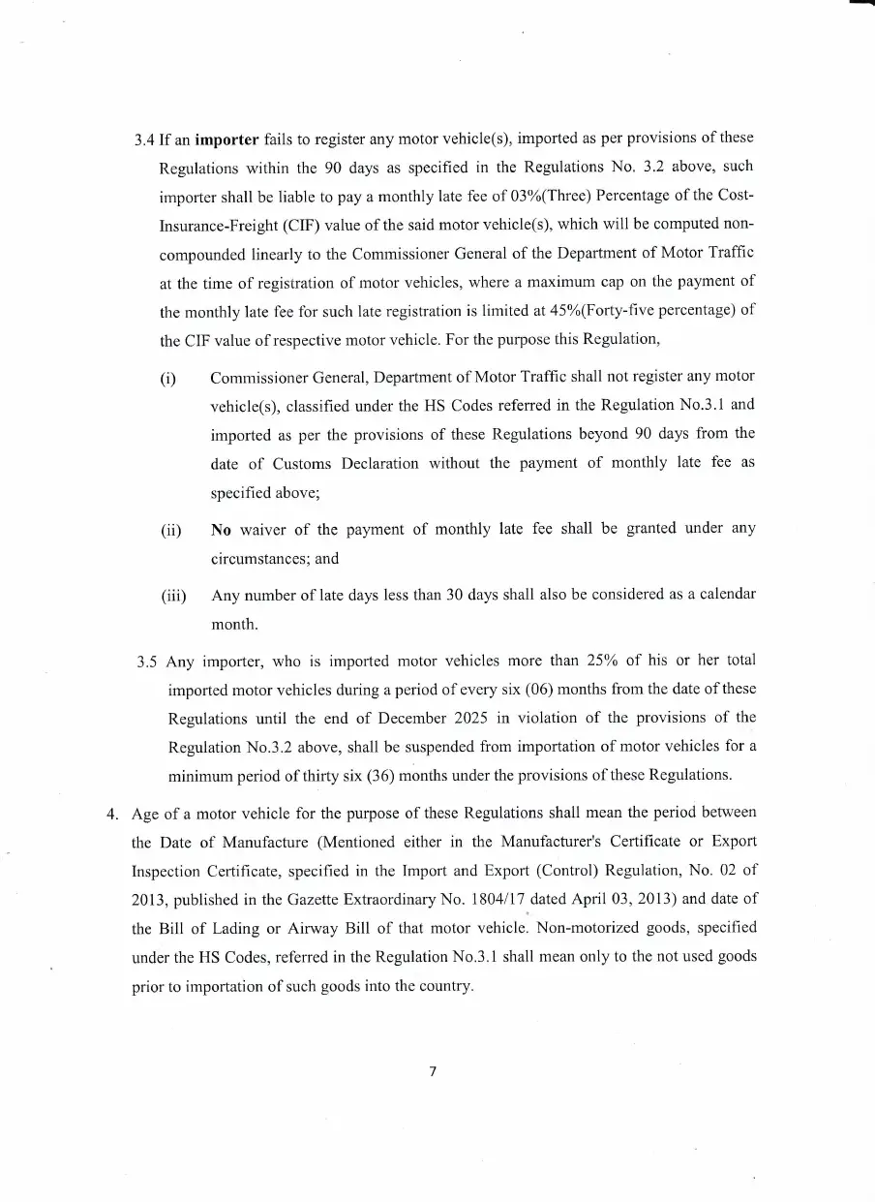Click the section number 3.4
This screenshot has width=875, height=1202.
click(x=145, y=138)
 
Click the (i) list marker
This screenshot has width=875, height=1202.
click(x=168, y=377)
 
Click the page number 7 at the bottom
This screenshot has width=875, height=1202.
click(x=434, y=1071)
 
